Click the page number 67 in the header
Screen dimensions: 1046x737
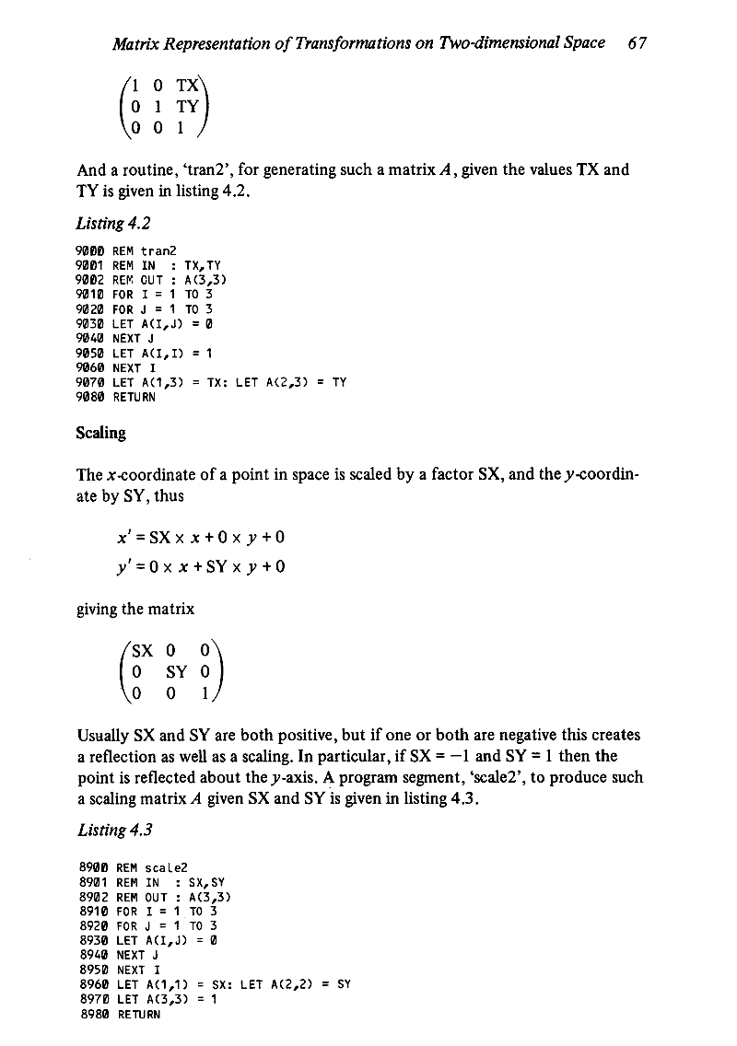click(637, 42)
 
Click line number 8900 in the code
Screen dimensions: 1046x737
click(92, 866)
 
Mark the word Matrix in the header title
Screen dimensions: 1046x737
click(133, 42)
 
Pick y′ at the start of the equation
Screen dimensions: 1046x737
click(118, 565)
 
